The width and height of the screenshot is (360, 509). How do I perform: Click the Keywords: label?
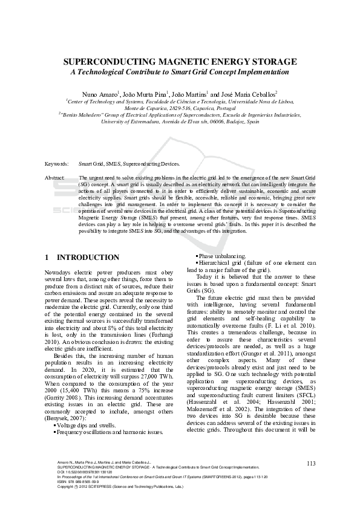tap(57, 164)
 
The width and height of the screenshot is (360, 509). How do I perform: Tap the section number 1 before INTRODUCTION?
tap(47, 258)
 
